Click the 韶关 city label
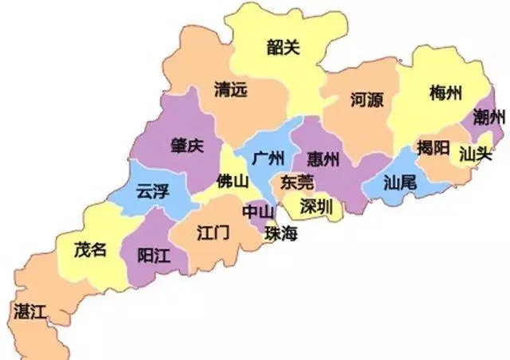[x=284, y=48]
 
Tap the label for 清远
[x=231, y=90]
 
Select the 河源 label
[x=367, y=100]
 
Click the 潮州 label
[x=488, y=118]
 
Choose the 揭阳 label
[x=434, y=147]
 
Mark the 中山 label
[x=257, y=212]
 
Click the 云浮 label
[x=153, y=192]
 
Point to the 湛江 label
[x=30, y=312]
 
